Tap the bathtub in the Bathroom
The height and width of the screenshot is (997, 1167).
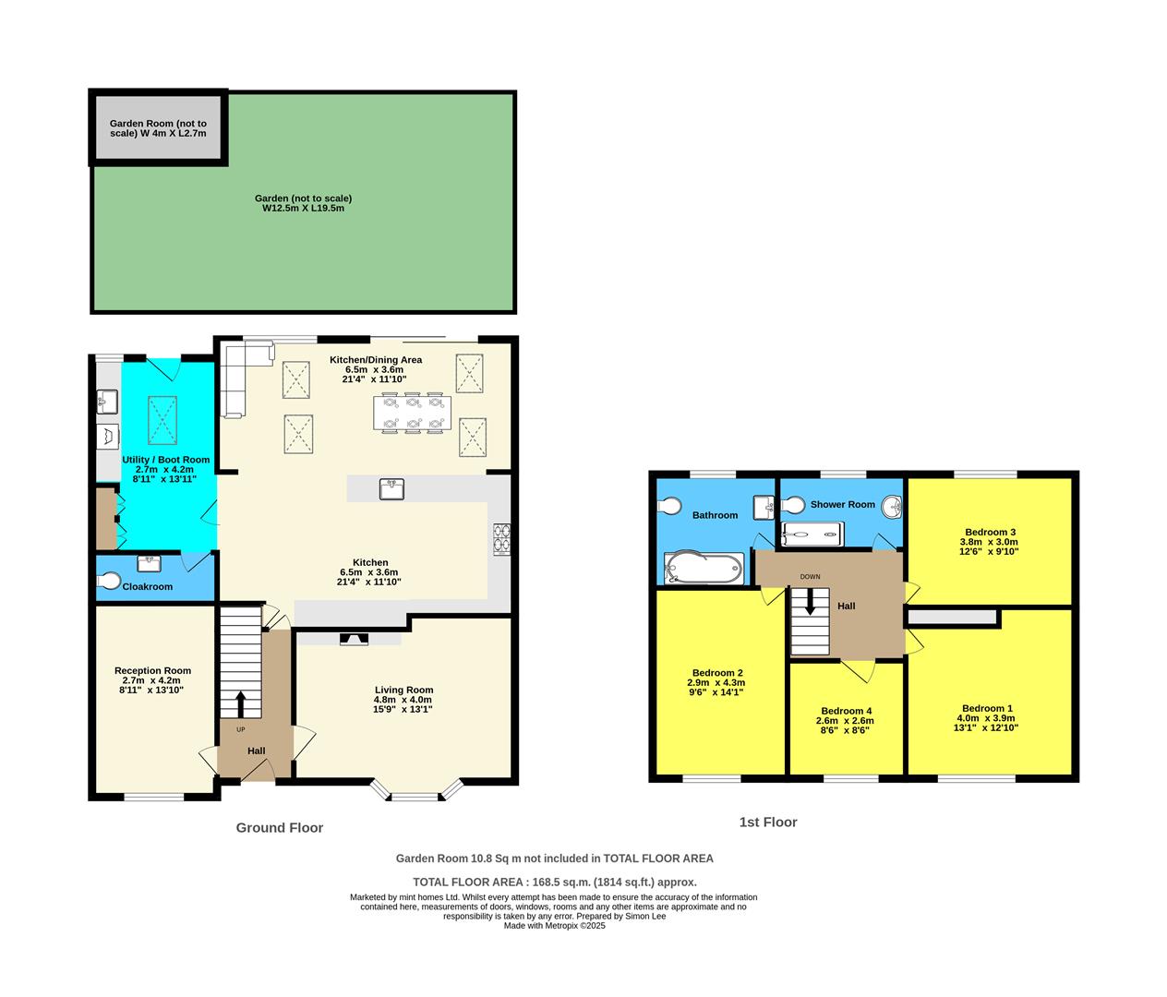(703, 568)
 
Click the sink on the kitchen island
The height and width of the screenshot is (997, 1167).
(391, 488)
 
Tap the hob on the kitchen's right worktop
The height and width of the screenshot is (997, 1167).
(503, 538)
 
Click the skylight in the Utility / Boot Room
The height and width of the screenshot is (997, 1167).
(163, 420)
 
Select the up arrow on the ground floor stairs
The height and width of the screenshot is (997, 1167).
(241, 703)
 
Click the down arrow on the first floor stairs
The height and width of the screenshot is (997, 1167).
(810, 602)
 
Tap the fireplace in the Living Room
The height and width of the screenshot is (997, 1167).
(352, 638)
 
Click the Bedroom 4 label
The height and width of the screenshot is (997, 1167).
(846, 711)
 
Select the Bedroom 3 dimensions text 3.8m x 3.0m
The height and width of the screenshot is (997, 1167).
(990, 542)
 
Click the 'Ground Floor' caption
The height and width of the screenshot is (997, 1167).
(279, 828)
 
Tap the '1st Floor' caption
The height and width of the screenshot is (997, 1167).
(767, 822)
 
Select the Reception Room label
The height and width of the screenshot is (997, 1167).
(152, 670)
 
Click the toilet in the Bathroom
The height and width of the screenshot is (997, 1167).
(669, 506)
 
